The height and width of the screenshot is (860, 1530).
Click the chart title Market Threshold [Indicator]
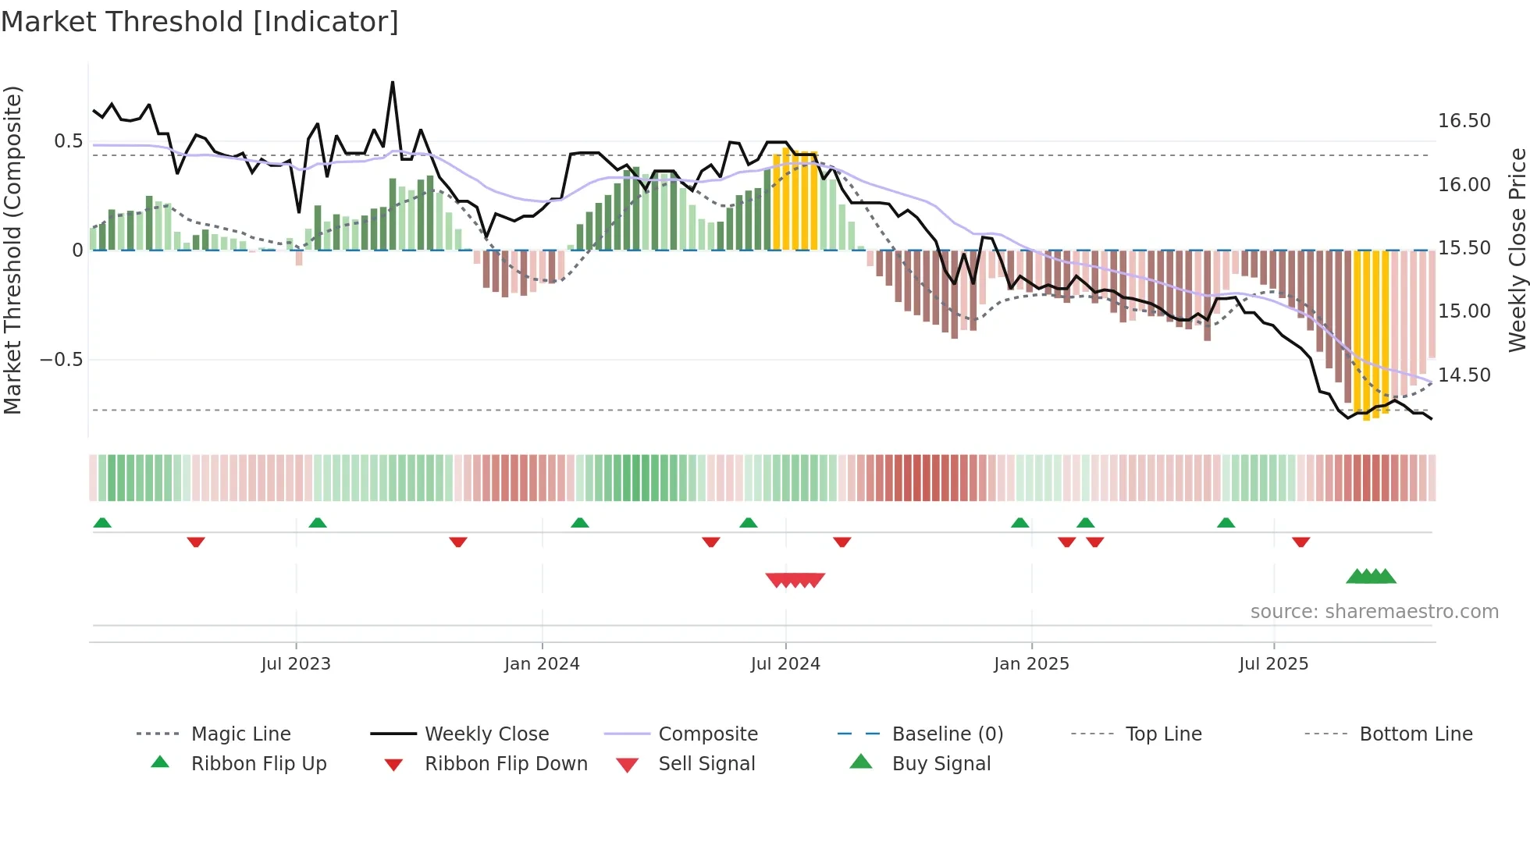(200, 22)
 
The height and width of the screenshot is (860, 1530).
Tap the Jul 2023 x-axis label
(296, 664)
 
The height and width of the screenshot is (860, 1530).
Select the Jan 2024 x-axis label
(542, 664)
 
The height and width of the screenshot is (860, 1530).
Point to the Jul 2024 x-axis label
(785, 664)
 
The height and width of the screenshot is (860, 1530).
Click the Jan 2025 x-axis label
(1031, 664)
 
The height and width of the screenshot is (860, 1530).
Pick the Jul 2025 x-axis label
(1273, 664)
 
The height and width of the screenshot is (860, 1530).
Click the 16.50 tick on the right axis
(1464, 121)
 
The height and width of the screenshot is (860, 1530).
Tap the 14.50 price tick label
(1464, 375)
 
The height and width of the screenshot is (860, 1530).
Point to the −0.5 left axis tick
(61, 360)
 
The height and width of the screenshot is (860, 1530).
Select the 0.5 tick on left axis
(68, 141)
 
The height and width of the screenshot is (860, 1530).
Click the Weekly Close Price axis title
(1517, 250)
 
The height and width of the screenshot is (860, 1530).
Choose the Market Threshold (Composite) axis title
(12, 250)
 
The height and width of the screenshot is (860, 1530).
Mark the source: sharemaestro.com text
(1374, 612)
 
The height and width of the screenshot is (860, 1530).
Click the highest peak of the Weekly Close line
(393, 82)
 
